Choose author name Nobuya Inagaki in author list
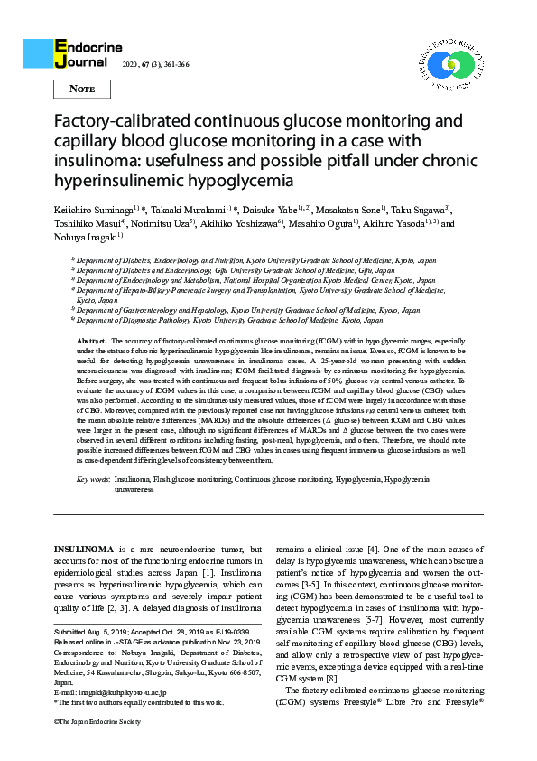click(81, 237)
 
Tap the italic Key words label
click(94, 477)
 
